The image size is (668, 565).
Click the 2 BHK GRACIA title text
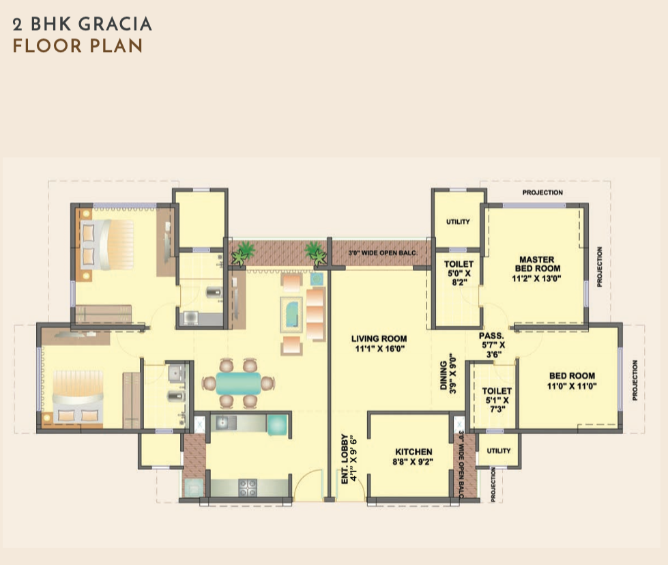pyautogui.click(x=82, y=25)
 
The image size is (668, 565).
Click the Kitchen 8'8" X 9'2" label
pyautogui.click(x=413, y=457)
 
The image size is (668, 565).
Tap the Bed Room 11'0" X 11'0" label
pyautogui.click(x=572, y=380)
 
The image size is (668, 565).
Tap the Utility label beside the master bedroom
pyautogui.click(x=457, y=222)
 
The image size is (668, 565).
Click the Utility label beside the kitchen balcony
pyautogui.click(x=499, y=451)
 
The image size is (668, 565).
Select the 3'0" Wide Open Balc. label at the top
pyautogui.click(x=382, y=253)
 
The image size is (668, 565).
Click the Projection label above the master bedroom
pyautogui.click(x=542, y=192)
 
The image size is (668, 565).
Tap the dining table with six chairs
pyautogui.click(x=239, y=383)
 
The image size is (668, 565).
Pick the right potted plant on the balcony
pyautogui.click(x=315, y=252)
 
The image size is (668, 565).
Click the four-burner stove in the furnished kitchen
pyautogui.click(x=246, y=487)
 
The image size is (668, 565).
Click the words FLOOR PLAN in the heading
pyautogui.click(x=77, y=47)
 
